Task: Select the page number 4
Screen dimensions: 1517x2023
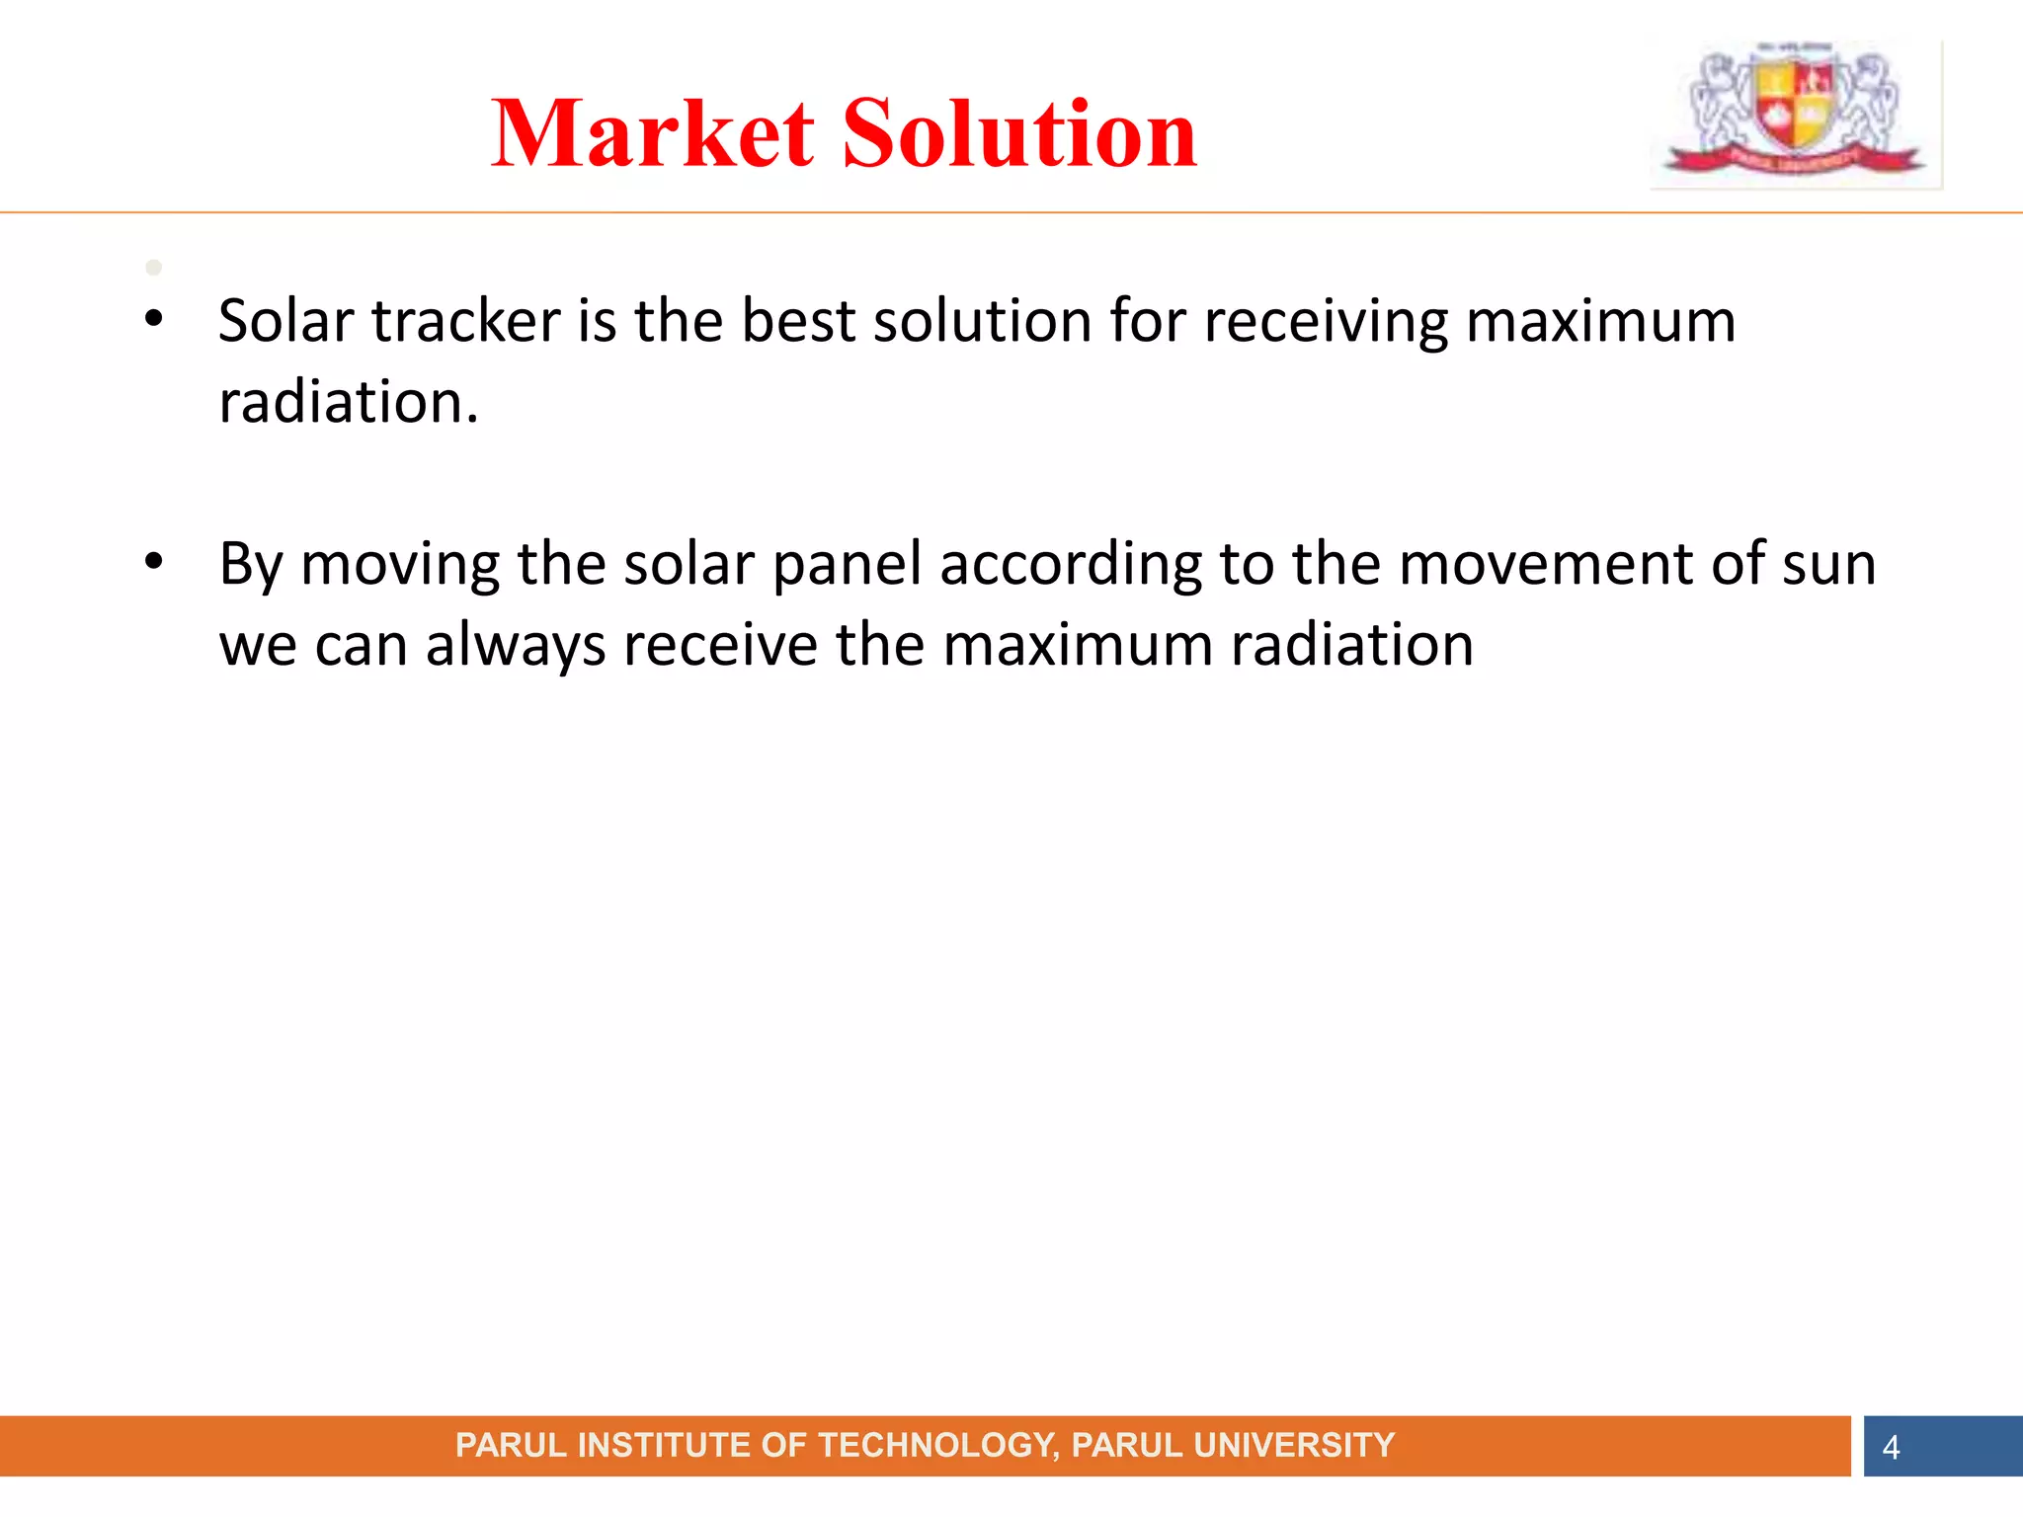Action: tap(1891, 1448)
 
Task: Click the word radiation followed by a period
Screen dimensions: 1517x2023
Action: tap(348, 403)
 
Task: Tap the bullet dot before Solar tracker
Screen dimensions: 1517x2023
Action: tap(153, 319)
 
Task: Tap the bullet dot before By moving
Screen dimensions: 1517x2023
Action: tap(153, 562)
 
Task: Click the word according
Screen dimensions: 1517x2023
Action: tap(1071, 566)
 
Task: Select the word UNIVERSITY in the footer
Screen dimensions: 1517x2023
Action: tap(1294, 1446)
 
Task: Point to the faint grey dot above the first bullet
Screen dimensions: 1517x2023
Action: tap(153, 268)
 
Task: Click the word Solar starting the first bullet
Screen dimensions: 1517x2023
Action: tap(285, 321)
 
